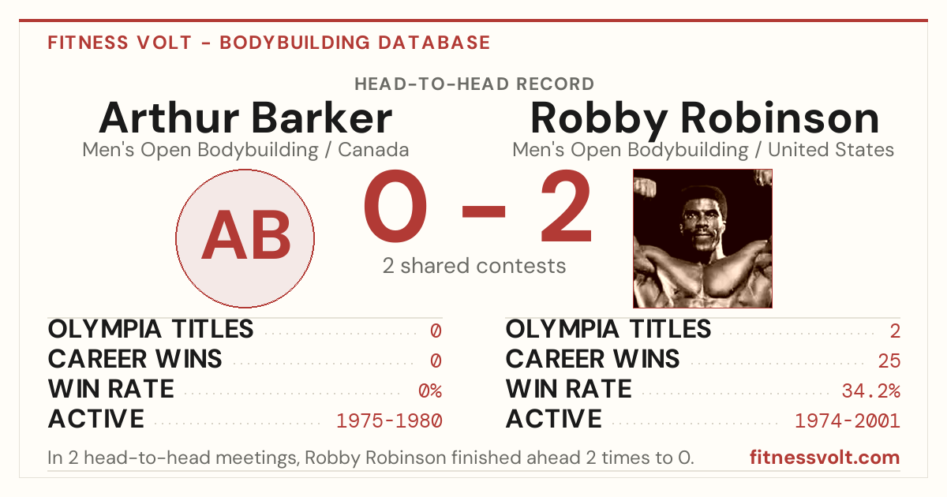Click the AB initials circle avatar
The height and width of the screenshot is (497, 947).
pos(245,238)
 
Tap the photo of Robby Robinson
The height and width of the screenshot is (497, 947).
pos(702,238)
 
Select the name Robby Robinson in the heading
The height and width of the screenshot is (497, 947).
pos(705,119)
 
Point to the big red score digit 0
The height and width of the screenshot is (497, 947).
pos(395,206)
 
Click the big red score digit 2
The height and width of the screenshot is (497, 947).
pos(566,206)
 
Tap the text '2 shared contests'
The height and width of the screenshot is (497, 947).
pos(474,267)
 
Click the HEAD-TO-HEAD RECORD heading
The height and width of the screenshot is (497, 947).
pos(474,84)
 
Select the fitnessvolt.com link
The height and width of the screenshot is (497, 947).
pos(825,458)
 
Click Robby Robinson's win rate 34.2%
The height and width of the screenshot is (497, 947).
pos(871,390)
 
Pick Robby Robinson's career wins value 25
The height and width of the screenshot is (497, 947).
pos(889,361)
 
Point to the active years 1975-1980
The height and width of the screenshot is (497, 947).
pos(389,421)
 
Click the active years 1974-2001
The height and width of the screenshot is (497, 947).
pos(848,421)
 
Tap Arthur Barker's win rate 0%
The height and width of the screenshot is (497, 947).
pos(430,390)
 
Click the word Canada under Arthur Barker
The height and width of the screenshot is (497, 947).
pos(373,150)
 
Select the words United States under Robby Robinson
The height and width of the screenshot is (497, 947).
pos(831,150)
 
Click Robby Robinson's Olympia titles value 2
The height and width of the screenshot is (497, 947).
pos(895,331)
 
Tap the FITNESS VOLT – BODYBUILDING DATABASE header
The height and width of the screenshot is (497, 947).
pos(269,43)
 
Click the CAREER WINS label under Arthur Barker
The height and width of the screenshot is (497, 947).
pos(135,359)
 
